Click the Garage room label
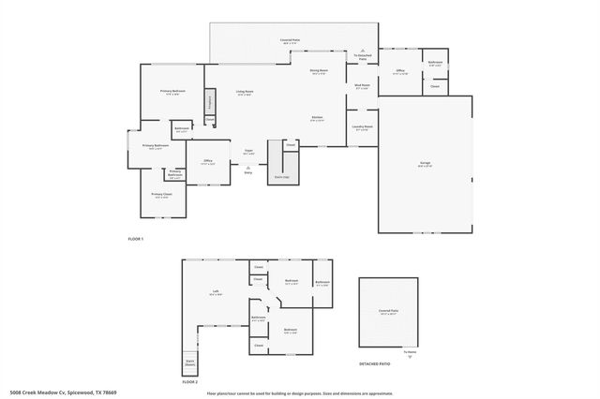pyautogui.click(x=424, y=164)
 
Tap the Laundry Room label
pyautogui.click(x=363, y=126)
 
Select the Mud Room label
pyautogui.click(x=363, y=86)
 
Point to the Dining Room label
pyautogui.click(x=319, y=71)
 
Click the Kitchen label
pyautogui.click(x=318, y=118)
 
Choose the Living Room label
pyautogui.click(x=246, y=92)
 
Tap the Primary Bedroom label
pyautogui.click(x=172, y=91)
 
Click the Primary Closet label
pyautogui.click(x=161, y=195)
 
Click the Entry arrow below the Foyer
pyautogui.click(x=248, y=168)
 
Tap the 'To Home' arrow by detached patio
pyautogui.click(x=409, y=357)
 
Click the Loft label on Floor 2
pyautogui.click(x=216, y=291)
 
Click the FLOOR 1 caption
pyautogui.click(x=136, y=240)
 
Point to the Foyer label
pyautogui.click(x=248, y=151)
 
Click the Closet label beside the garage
pyautogui.click(x=435, y=86)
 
